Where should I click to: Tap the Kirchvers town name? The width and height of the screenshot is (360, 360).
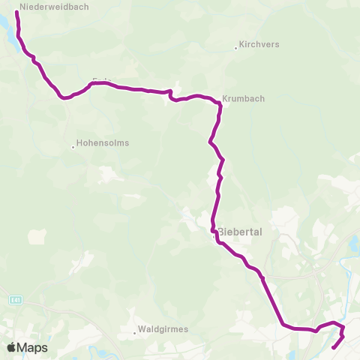point(259,44)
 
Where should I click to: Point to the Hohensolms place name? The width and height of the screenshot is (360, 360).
point(103,142)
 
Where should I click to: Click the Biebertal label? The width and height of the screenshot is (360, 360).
point(239,232)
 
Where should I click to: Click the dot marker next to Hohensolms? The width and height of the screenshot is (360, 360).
point(73,146)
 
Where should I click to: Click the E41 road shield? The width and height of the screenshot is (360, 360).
point(16,298)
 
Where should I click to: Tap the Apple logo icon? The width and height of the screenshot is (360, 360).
point(11,348)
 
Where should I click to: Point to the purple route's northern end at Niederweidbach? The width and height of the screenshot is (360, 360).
point(16,13)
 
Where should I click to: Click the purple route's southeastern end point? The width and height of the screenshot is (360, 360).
point(332,348)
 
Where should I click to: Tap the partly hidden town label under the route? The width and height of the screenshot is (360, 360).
point(98,79)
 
